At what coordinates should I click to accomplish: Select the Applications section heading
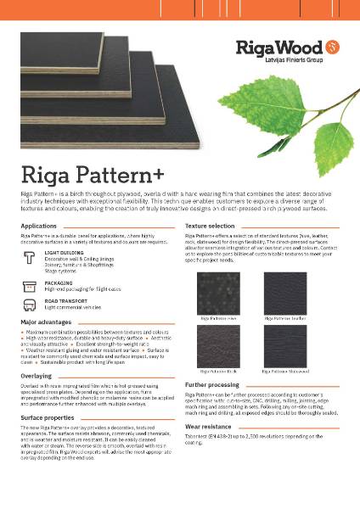click(40, 227)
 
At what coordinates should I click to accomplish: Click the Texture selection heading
click(210, 227)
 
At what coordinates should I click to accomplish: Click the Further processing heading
click(213, 384)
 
